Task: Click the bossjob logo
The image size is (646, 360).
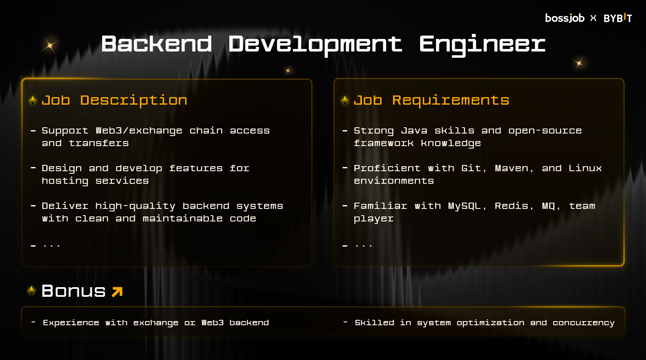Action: tap(565, 18)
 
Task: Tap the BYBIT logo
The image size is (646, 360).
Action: tap(618, 18)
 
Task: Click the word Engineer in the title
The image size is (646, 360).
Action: tap(482, 45)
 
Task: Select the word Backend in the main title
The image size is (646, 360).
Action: tap(156, 44)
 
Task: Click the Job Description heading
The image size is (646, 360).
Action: tap(115, 100)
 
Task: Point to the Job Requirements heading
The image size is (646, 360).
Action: tap(431, 100)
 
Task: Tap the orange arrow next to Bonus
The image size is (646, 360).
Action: tap(117, 292)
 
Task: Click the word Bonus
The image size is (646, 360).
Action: tap(74, 291)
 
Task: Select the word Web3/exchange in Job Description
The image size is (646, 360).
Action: tap(139, 131)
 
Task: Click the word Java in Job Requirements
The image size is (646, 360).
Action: tap(414, 131)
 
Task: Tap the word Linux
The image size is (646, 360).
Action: tap(585, 168)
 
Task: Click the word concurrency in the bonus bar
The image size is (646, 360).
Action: tap(583, 323)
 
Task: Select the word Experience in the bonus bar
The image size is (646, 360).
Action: tap(71, 323)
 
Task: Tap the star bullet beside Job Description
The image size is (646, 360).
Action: tap(33, 100)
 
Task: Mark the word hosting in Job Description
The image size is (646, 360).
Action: tap(65, 181)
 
